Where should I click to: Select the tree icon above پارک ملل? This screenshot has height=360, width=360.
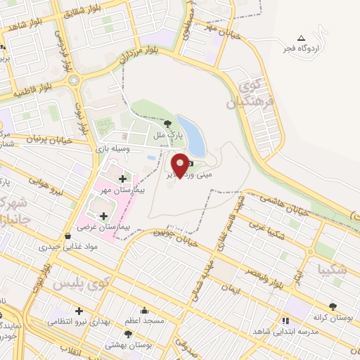167,124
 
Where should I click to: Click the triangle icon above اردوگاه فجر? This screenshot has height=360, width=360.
301,38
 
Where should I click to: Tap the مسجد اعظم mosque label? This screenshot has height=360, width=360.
144,321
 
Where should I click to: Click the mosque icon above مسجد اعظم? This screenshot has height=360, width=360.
145,311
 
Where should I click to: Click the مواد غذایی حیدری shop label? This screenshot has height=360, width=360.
67,247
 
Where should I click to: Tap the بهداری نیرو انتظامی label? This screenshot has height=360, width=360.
78,321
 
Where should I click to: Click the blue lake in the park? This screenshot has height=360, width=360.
191,135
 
